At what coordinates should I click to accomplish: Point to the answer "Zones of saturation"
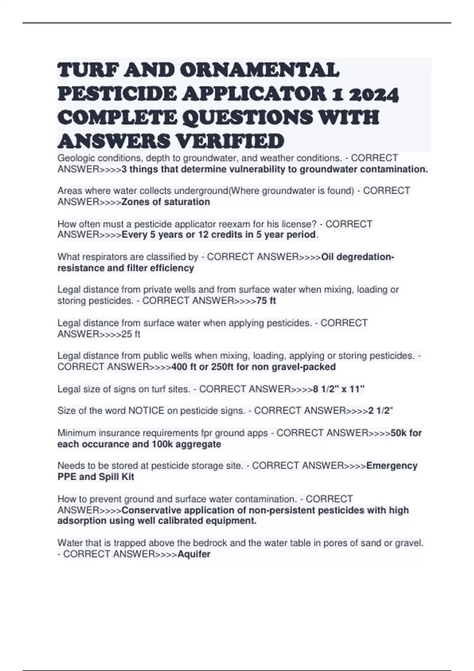[166, 202]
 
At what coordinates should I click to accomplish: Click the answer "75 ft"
[266, 301]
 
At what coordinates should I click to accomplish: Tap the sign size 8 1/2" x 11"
[339, 389]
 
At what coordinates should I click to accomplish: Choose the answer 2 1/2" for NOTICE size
[380, 411]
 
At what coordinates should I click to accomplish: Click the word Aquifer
[194, 554]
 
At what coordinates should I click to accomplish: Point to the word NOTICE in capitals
[146, 411]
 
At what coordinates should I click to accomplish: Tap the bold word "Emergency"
[392, 466]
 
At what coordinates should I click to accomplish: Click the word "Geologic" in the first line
[75, 158]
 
